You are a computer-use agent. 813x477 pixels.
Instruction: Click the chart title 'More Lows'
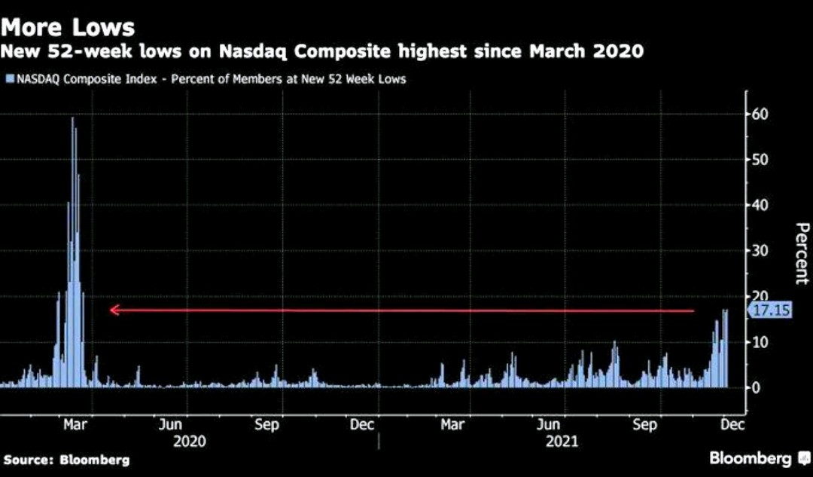point(68,27)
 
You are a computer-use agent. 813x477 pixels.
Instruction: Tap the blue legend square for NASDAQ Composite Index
point(9,78)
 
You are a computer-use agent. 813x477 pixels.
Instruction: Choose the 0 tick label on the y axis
point(757,387)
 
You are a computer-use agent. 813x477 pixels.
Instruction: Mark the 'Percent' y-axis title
point(801,253)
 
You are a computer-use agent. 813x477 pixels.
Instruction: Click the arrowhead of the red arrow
point(113,310)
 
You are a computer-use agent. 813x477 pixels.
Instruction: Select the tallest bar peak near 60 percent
point(73,118)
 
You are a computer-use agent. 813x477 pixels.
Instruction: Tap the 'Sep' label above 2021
point(644,425)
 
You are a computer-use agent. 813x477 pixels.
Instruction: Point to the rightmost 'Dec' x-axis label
point(732,425)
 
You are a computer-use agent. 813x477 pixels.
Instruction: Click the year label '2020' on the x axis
point(190,442)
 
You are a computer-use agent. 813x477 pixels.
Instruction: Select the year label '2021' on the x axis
point(562,442)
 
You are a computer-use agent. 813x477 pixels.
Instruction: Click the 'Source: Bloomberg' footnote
point(66,460)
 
